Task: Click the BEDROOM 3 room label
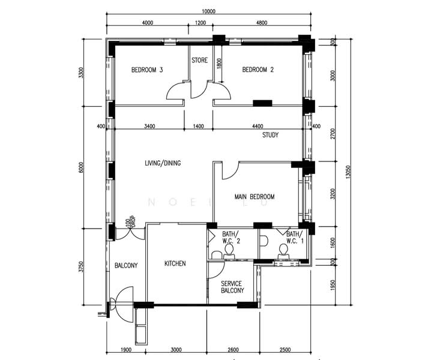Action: tap(147, 70)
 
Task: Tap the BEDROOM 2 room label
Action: tap(258, 70)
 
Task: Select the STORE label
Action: tap(199, 61)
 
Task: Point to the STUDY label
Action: tap(270, 135)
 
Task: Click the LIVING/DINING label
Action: tap(163, 163)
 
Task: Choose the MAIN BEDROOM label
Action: tap(255, 197)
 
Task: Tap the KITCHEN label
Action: tap(175, 263)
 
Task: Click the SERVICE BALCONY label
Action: tap(232, 287)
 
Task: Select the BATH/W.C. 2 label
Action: tap(231, 238)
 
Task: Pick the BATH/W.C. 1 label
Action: tap(294, 238)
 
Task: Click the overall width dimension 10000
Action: tap(208, 11)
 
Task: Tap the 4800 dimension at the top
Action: tap(261, 23)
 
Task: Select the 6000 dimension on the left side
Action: tap(82, 167)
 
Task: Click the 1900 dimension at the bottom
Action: tap(126, 350)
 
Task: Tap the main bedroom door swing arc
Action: tap(230, 171)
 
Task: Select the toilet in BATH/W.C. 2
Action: tap(228, 254)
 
